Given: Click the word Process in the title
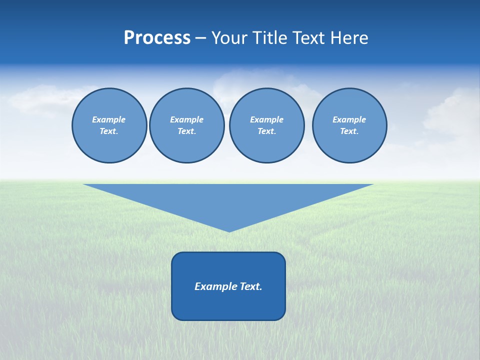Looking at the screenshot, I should point(157,38).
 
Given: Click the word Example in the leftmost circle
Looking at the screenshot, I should point(109,119).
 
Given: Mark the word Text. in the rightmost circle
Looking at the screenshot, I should point(349,131).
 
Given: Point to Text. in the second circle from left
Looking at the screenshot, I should point(186,131).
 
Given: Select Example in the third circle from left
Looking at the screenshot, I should point(266,119).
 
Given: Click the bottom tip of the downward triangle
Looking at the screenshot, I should point(229,230).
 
